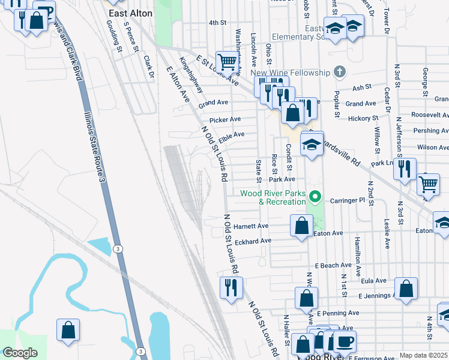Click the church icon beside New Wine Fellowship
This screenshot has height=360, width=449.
339,73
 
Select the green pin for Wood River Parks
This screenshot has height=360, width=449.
313,197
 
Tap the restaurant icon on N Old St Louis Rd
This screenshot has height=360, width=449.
231,287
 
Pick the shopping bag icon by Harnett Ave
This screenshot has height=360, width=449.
301,226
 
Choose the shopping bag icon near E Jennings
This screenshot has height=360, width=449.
406,289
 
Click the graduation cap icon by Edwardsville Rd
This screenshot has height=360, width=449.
312,145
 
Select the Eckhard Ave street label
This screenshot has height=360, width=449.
253,241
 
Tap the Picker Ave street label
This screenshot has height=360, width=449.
226,119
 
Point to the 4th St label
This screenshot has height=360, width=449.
217,22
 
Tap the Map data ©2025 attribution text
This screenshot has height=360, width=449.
423,356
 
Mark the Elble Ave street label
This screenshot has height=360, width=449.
231,137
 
